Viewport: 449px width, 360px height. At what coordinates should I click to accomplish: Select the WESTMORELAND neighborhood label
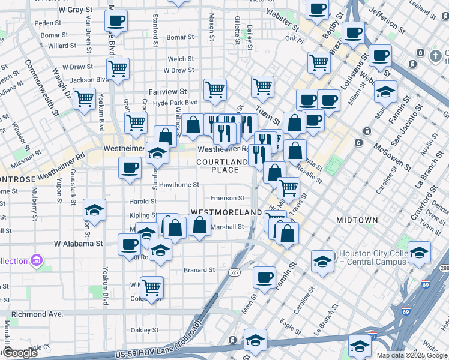pos(226,212)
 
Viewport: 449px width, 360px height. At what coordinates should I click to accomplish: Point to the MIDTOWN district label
pos(357,220)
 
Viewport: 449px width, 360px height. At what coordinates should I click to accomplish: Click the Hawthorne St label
pos(179,185)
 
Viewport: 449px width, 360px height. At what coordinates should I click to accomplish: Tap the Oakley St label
pos(145,329)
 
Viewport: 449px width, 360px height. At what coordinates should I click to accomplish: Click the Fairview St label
pos(164,92)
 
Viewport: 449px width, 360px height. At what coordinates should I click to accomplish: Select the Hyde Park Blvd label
pos(175,103)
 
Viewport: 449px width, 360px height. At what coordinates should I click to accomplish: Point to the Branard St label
pos(199,270)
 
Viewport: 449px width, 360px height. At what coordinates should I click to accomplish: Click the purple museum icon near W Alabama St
pos(37,260)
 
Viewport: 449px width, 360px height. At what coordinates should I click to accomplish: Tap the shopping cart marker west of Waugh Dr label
pos(85,97)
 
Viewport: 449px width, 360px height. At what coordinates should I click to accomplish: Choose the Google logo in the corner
pos(19,353)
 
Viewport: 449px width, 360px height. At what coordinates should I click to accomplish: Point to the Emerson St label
pos(227,198)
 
